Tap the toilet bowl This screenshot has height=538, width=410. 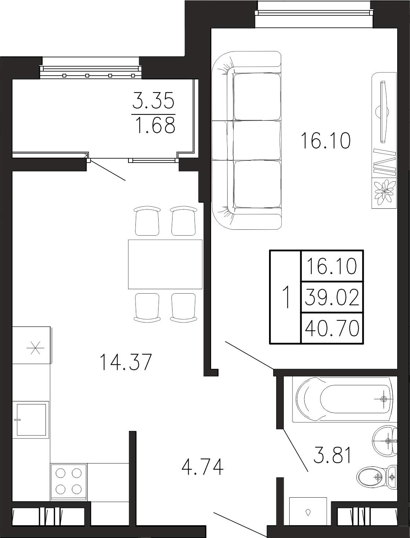tap(376, 477)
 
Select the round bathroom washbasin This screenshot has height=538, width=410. tap(385, 441)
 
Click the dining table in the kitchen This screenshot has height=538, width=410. tap(165, 264)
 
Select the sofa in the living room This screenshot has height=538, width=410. tap(246, 140)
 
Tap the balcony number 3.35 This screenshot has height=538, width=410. tap(153, 100)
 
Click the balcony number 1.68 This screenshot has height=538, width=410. tap(156, 125)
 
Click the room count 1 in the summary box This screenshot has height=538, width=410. tap(285, 297)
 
